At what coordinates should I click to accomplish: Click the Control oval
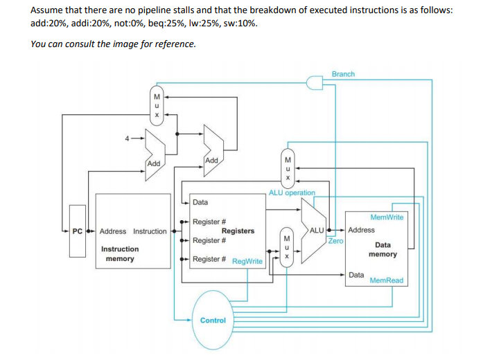[213, 320]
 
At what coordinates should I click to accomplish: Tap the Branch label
[343, 73]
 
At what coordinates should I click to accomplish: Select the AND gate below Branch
[316, 84]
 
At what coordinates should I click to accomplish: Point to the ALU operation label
[292, 192]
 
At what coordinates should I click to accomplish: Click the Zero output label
[335, 241]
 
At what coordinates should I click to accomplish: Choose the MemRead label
[386, 280]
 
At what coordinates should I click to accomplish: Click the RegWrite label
[247, 262]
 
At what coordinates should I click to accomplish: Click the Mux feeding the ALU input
[286, 246]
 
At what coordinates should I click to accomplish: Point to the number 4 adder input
[127, 138]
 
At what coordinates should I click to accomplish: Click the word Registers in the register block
[238, 231]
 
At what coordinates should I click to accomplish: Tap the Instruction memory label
[120, 253]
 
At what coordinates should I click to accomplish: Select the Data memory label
[383, 249]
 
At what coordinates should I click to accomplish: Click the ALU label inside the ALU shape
[316, 230]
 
